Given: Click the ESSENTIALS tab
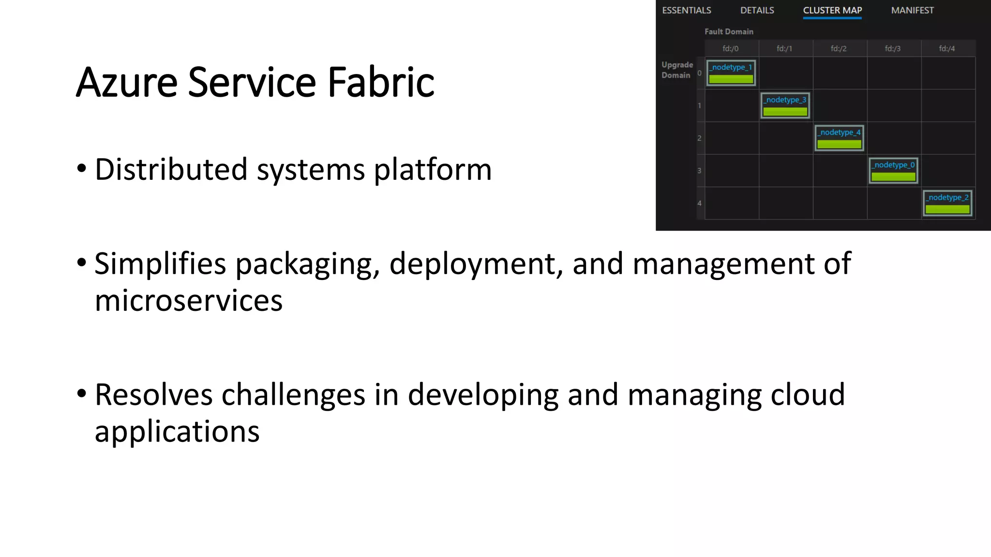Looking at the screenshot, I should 686,10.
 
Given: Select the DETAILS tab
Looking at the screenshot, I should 757,10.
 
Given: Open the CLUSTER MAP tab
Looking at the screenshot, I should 832,10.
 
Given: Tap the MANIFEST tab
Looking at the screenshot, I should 912,10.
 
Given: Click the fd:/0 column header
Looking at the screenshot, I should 731,48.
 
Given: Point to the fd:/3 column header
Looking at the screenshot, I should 893,48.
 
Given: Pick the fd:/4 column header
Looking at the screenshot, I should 947,48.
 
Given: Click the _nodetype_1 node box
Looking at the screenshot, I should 731,73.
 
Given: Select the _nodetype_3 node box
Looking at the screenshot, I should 785,105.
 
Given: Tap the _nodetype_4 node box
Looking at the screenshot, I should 839,138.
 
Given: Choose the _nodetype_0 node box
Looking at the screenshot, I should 893,170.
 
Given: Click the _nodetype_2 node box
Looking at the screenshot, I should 947,203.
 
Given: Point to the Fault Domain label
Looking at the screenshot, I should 729,31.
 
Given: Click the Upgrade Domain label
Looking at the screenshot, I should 677,70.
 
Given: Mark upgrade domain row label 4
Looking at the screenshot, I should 699,203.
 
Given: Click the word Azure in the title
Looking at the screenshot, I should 127,82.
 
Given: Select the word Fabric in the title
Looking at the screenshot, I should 381,82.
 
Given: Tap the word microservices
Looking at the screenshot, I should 188,301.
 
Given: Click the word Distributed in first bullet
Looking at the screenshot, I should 171,170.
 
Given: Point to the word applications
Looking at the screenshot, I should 177,432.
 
